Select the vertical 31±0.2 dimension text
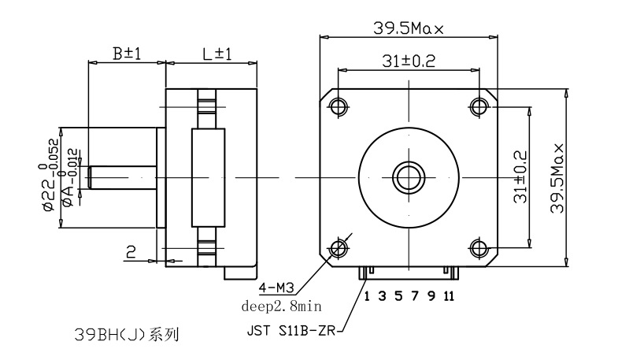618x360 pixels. [520, 177]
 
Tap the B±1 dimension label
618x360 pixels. [125, 54]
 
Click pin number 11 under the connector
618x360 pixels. [449, 296]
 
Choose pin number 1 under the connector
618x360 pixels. [366, 296]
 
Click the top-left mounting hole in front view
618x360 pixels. [339, 106]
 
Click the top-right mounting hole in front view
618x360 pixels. [479, 106]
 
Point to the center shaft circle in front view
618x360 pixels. [409, 177]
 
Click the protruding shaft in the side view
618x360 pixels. [122, 177]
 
